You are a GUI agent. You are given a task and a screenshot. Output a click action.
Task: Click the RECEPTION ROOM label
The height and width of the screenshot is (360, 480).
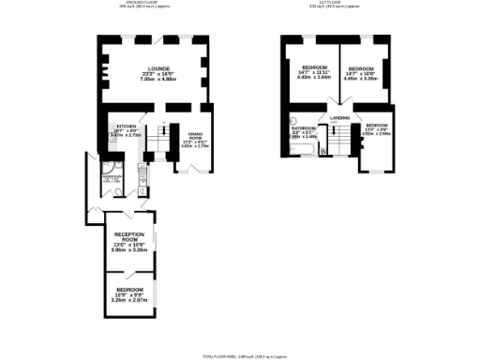point(128,235)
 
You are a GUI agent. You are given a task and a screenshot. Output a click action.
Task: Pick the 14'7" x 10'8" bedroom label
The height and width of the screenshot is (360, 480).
point(362,68)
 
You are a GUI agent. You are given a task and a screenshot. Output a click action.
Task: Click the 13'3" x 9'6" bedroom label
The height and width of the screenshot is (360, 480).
point(377,126)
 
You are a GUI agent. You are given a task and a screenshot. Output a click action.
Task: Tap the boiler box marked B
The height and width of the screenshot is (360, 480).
point(323,150)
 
